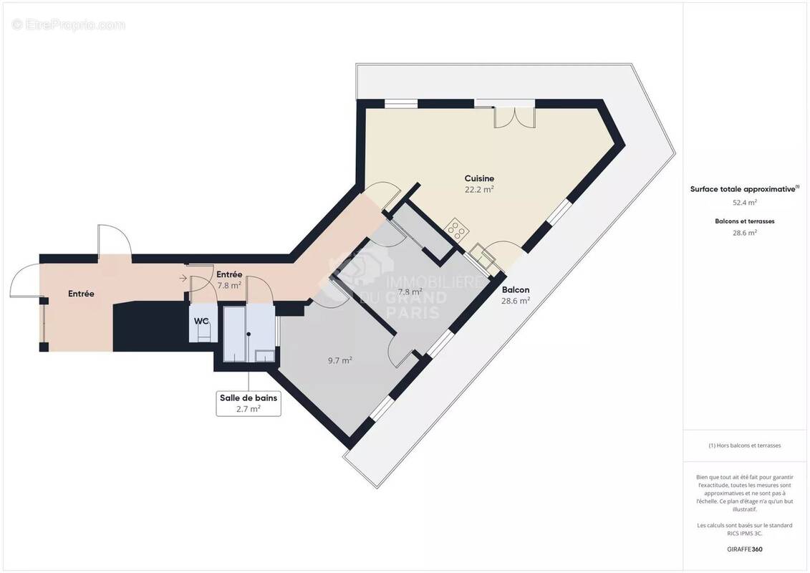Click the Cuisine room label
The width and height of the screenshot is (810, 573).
coord(479,178)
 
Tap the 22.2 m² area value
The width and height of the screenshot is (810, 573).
coord(479,190)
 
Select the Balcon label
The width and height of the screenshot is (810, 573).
coord(516,290)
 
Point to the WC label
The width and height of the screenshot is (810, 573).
coord(201,321)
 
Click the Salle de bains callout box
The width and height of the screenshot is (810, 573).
coord(249,403)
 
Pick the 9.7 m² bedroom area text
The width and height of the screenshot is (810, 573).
coord(339,360)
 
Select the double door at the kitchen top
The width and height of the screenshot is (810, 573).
coord(514,117)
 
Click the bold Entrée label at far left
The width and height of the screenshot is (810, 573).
coord(82,294)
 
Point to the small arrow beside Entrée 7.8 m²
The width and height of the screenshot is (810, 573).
coord(184,278)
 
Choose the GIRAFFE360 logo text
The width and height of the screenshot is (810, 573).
coord(744,549)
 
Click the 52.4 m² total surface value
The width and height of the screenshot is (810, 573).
coord(744,202)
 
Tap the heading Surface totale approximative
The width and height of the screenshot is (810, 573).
coord(743,189)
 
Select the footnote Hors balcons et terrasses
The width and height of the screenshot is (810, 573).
coord(744,446)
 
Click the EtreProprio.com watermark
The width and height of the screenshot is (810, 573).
coord(69,25)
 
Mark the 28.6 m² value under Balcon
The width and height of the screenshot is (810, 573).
coord(516,302)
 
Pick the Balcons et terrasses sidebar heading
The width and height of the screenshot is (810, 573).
coord(744,221)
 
